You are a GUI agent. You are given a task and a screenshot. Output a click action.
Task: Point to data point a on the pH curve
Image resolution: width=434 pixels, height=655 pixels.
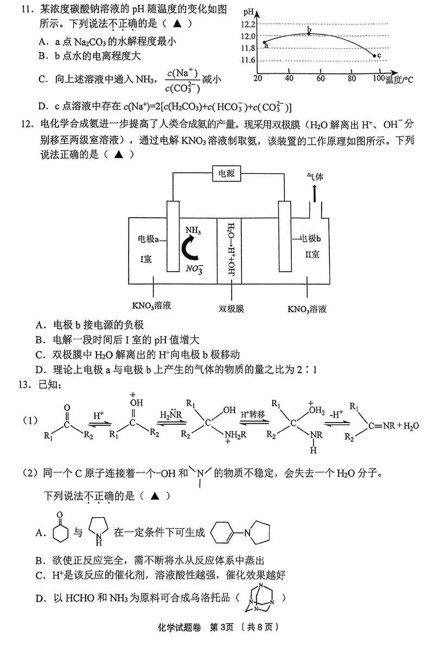264,42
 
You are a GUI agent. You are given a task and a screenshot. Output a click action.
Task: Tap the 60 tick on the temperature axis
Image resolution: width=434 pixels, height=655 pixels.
321,79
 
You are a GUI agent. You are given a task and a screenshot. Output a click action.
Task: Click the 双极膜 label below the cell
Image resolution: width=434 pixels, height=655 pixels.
232,308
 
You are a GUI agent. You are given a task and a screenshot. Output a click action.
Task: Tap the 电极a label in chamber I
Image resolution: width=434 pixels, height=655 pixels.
149,239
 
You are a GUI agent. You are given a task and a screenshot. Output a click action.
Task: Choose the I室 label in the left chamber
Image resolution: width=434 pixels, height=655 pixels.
146,260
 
